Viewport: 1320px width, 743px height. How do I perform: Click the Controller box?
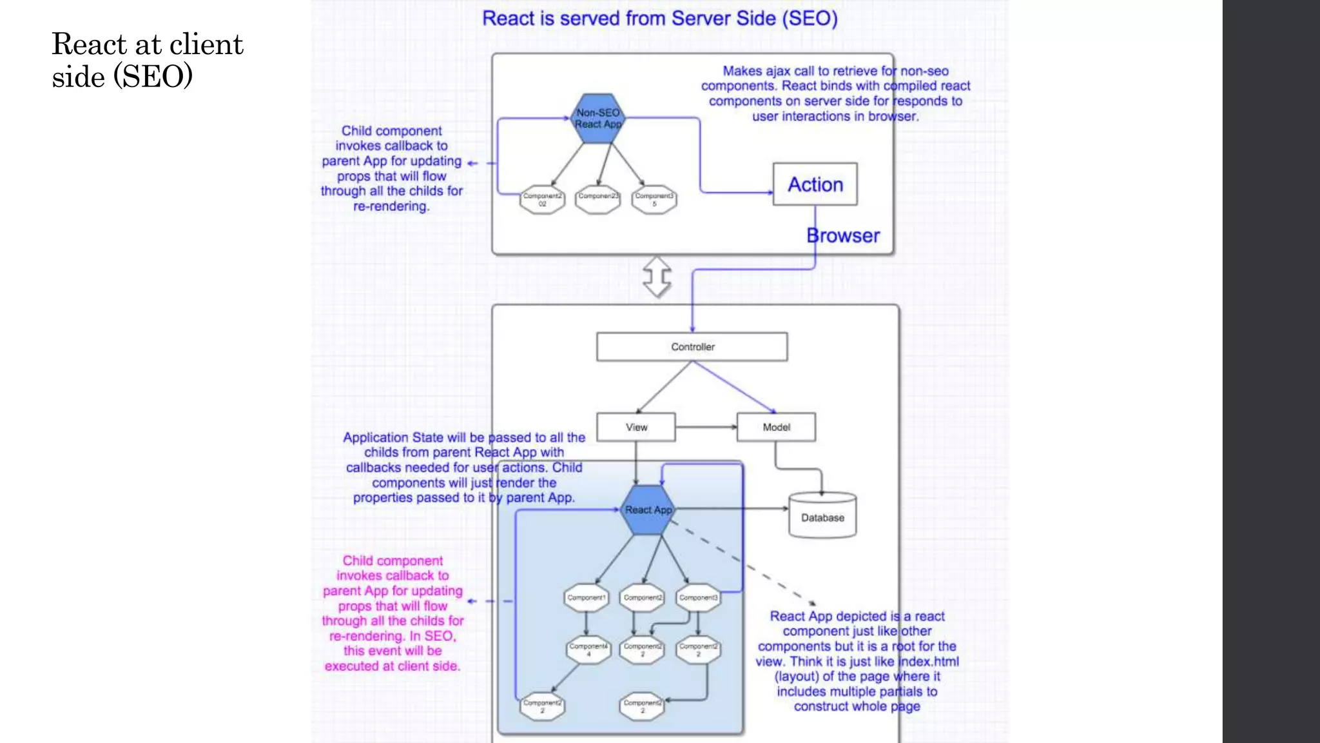pyautogui.click(x=692, y=346)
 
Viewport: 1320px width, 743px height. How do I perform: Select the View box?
pyautogui.click(x=636, y=427)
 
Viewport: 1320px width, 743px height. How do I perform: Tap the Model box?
pyautogui.click(x=776, y=427)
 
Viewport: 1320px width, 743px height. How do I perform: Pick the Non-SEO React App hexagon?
pyautogui.click(x=598, y=118)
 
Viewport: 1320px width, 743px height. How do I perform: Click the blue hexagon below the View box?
pyautogui.click(x=648, y=510)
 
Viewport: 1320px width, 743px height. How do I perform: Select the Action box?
pyautogui.click(x=815, y=184)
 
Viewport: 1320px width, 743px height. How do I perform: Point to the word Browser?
pyautogui.click(x=843, y=235)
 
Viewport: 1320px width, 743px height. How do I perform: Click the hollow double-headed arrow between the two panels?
pyautogui.click(x=657, y=277)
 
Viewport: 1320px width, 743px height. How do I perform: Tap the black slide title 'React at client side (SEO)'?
pyautogui.click(x=148, y=60)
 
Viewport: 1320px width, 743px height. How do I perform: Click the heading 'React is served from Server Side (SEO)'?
pyautogui.click(x=660, y=18)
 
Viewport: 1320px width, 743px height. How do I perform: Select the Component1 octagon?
pyautogui.click(x=586, y=597)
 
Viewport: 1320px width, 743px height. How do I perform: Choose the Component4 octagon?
pyautogui.click(x=588, y=649)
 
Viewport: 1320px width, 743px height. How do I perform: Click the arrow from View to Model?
pyautogui.click(x=706, y=427)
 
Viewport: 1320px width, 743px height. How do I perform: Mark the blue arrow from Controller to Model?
pyautogui.click(x=735, y=387)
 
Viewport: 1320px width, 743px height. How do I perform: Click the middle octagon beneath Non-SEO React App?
pyautogui.click(x=598, y=199)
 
